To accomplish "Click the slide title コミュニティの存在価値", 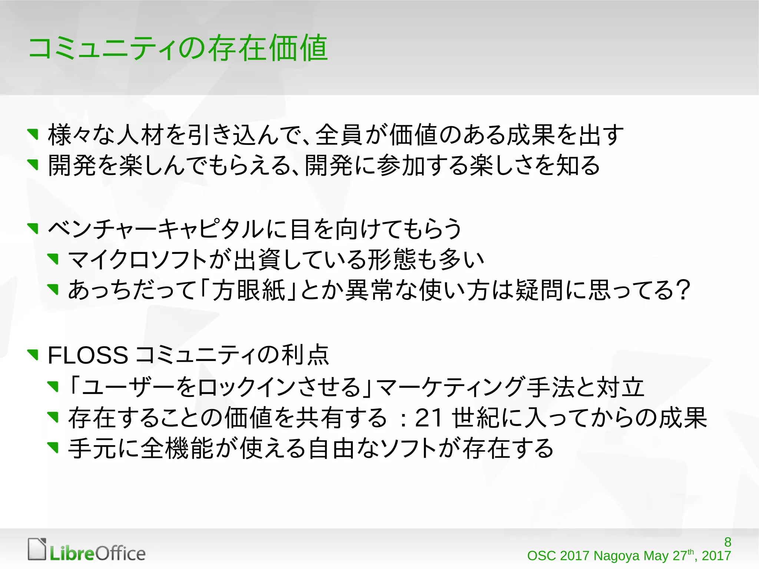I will [178, 48].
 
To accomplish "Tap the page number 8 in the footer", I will [727, 542].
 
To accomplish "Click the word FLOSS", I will [88, 355].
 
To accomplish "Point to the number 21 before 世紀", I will [429, 418].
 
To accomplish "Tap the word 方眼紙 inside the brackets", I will [248, 290].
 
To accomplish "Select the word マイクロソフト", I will [137, 259].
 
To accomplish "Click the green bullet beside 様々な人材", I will [33, 134].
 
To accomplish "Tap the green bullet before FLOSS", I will [33, 355].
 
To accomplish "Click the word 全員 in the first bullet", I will [339, 135].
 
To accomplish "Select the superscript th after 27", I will [690, 552].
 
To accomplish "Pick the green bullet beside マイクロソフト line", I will [54, 259].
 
